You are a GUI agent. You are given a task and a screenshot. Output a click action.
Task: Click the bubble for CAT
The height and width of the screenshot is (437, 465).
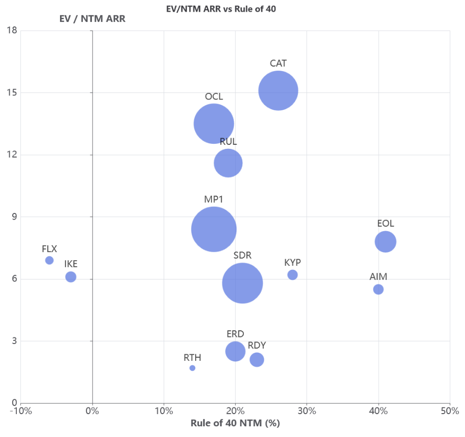[x=278, y=91]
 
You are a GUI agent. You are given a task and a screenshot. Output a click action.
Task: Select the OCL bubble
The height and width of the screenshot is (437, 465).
[x=214, y=123]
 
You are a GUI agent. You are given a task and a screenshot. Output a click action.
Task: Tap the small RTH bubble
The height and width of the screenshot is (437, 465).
[x=192, y=368]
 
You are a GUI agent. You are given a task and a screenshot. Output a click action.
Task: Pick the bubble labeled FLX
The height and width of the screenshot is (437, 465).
[x=49, y=260]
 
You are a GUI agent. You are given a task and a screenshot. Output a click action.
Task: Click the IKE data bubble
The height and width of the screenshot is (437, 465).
[x=71, y=277]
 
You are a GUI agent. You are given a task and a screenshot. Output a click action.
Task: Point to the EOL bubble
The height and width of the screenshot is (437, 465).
[x=386, y=241]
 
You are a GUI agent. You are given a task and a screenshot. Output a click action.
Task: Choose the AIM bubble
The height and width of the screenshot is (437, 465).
[x=378, y=289]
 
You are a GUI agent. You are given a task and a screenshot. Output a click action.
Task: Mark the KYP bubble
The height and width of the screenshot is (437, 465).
[x=292, y=275]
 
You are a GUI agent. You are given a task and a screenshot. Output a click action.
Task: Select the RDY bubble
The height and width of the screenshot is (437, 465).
[x=257, y=360]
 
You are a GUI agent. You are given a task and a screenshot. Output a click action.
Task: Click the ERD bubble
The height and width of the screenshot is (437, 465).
[x=235, y=351]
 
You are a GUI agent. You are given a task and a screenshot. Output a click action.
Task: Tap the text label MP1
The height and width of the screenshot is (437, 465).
[x=214, y=200]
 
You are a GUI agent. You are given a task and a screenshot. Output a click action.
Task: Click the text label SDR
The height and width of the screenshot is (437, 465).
[x=242, y=255]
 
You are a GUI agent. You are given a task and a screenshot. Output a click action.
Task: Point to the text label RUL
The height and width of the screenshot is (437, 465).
[x=228, y=142]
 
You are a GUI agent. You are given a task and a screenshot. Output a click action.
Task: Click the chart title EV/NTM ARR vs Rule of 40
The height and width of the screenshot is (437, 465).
[x=221, y=9]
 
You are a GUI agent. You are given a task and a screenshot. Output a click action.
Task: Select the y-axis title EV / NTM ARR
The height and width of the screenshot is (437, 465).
[x=92, y=19]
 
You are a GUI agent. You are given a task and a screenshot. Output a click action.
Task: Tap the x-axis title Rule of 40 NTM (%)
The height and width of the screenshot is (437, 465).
[x=235, y=423]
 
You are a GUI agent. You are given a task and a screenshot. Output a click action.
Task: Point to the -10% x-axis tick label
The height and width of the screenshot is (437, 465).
[x=21, y=411]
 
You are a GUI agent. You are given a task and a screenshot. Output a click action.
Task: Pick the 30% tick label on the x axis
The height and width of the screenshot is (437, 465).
[x=306, y=411]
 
